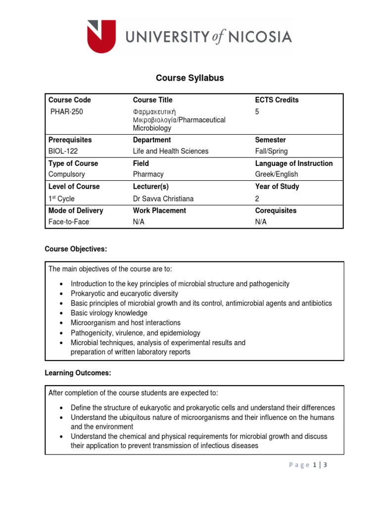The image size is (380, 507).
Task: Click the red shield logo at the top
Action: pyautogui.click(x=101, y=36)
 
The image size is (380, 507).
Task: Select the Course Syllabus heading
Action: pyautogui.click(x=190, y=78)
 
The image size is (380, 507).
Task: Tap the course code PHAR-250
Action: pyautogui.click(x=67, y=111)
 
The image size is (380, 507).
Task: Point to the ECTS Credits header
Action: pyautogui.click(x=277, y=100)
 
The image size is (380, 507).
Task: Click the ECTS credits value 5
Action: pyautogui.click(x=257, y=111)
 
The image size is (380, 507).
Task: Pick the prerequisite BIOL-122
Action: pyautogui.click(x=63, y=151)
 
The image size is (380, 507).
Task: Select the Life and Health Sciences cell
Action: pyautogui.click(x=171, y=151)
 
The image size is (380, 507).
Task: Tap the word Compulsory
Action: pyautogui.click(x=67, y=174)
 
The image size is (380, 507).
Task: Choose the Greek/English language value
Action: pyautogui.click(x=277, y=174)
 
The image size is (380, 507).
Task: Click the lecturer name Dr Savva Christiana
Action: pyautogui.click(x=163, y=199)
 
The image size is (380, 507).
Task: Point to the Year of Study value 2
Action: pyautogui.click(x=257, y=199)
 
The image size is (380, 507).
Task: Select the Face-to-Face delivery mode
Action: pyautogui.click(x=69, y=222)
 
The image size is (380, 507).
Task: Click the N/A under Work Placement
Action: pyautogui.click(x=139, y=222)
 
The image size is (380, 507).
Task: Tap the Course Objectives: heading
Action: pyautogui.click(x=76, y=249)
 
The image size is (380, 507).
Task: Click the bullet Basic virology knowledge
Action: pyautogui.click(x=109, y=313)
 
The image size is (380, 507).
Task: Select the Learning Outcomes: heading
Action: pyautogui.click(x=78, y=373)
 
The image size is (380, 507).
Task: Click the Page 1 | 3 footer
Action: pyautogui.click(x=308, y=465)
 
